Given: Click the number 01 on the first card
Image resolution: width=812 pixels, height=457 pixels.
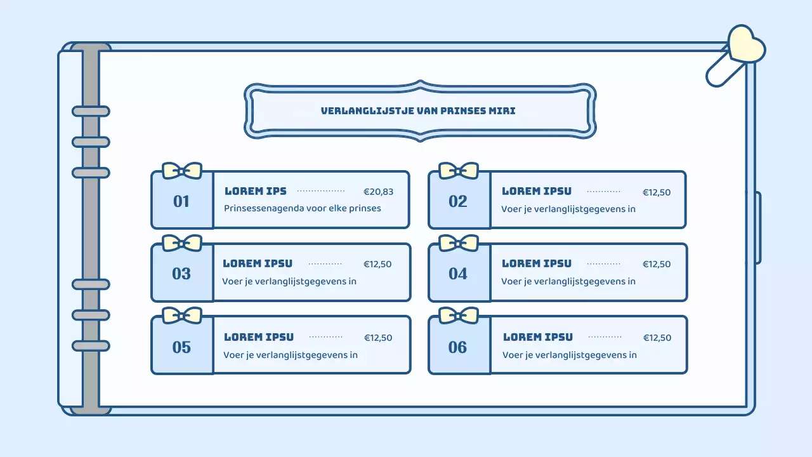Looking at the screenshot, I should [x=181, y=201].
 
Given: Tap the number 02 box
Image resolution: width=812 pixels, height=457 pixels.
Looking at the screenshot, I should [x=458, y=201].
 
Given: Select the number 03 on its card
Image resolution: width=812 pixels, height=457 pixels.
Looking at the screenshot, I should [x=181, y=274].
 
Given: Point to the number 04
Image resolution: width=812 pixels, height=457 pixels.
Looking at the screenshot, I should [x=458, y=274].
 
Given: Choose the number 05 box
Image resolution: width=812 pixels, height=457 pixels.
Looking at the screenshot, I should [x=181, y=347].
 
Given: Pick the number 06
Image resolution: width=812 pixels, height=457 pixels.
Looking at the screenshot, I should [x=458, y=347].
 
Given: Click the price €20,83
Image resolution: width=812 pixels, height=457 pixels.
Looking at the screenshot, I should [x=378, y=192].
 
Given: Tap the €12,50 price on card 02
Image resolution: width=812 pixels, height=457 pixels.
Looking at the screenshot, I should [x=657, y=192].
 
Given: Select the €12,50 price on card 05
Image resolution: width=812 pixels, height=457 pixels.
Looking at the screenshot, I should [x=378, y=338].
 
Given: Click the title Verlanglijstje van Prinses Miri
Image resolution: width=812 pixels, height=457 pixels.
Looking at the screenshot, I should [x=418, y=110].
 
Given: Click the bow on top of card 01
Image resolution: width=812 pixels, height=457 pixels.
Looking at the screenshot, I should [x=182, y=170].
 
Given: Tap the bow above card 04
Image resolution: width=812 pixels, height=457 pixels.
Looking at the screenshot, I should [x=459, y=243].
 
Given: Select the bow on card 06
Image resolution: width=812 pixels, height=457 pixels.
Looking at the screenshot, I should [x=459, y=315].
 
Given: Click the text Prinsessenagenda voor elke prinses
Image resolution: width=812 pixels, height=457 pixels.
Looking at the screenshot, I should [x=303, y=208].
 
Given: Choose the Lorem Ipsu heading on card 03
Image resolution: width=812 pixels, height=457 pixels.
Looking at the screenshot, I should [x=258, y=263].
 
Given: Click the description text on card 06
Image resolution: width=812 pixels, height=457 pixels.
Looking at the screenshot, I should [x=570, y=355].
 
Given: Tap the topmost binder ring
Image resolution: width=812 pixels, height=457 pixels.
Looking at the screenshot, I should [x=91, y=112].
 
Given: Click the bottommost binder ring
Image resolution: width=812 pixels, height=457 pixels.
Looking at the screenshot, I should [x=91, y=346].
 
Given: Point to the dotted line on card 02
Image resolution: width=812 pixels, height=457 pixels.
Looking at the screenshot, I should [x=604, y=191].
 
